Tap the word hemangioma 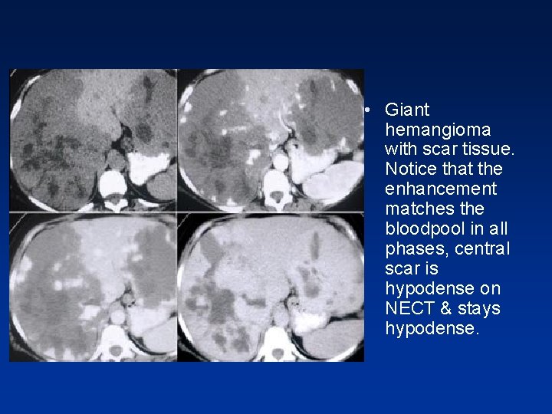(438, 130)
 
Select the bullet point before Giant (369, 110)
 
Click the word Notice (412, 169)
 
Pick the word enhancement (441, 189)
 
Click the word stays (479, 309)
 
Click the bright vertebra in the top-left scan (112, 184)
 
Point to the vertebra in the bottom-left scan (115, 337)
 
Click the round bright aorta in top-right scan (280, 162)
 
